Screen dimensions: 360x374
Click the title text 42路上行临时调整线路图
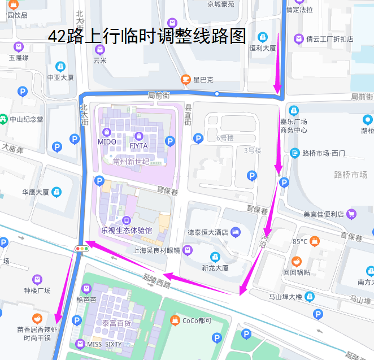click(x=146, y=37)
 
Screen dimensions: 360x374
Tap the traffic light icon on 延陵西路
click(x=82, y=248)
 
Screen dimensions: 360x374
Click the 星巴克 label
click(x=203, y=79)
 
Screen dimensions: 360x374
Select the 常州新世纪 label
click(x=131, y=162)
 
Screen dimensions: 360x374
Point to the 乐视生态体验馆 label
click(x=127, y=230)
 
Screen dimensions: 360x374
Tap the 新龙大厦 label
click(x=215, y=268)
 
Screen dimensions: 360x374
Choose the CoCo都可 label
click(x=197, y=321)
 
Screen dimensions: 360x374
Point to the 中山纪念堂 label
click(x=26, y=119)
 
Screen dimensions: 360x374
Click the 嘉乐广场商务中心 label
click(x=293, y=125)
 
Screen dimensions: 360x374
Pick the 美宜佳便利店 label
click(x=323, y=214)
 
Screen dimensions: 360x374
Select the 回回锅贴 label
click(x=296, y=272)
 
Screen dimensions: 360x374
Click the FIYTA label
click(x=138, y=146)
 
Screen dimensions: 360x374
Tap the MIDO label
click(x=107, y=142)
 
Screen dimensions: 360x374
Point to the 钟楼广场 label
click(x=37, y=290)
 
